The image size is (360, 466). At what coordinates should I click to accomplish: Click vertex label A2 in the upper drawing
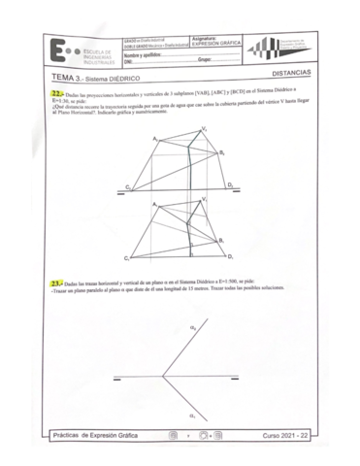(155, 142)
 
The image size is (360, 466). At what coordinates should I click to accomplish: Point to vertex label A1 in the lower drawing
(155, 203)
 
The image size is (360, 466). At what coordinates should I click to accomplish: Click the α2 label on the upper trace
(192, 328)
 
